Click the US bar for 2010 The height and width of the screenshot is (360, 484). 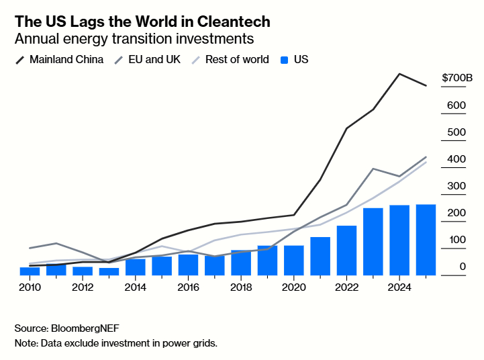pos(30,271)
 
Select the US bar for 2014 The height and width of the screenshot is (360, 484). pos(136,267)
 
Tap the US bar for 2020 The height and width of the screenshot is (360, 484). pos(294,261)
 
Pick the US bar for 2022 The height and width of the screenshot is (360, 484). pos(346,251)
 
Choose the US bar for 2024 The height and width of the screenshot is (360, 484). pos(399,240)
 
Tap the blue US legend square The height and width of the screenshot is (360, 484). pos(283,60)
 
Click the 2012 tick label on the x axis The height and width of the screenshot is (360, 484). pos(83,287)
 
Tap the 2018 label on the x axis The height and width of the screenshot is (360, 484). pos(241,287)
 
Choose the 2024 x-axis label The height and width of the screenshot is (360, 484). pos(399,287)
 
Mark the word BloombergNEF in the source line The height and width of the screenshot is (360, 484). pos(90,328)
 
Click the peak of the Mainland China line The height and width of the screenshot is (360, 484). pos(399,74)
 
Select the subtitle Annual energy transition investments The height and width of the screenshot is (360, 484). pos(134,39)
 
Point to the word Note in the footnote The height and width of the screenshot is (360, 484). pos(26,343)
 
